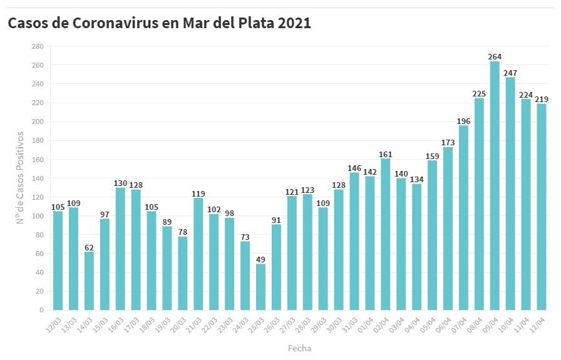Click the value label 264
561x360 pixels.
click(x=495, y=57)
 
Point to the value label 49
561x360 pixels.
click(x=260, y=259)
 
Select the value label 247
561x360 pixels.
click(x=510, y=73)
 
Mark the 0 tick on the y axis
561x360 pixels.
click(x=41, y=310)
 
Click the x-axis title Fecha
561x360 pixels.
click(x=299, y=348)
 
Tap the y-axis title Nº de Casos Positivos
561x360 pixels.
click(x=20, y=178)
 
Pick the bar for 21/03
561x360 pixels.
click(x=198, y=254)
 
